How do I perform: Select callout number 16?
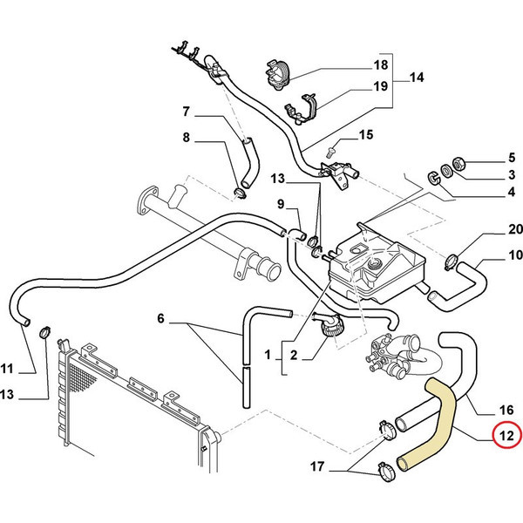click(506, 407)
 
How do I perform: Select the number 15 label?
click(365, 134)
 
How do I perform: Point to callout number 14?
click(416, 78)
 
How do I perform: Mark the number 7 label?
click(186, 111)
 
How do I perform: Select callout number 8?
click(186, 137)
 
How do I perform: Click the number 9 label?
click(282, 204)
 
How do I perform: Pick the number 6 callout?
click(160, 319)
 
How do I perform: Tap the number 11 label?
click(7, 366)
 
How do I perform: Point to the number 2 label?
click(294, 355)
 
